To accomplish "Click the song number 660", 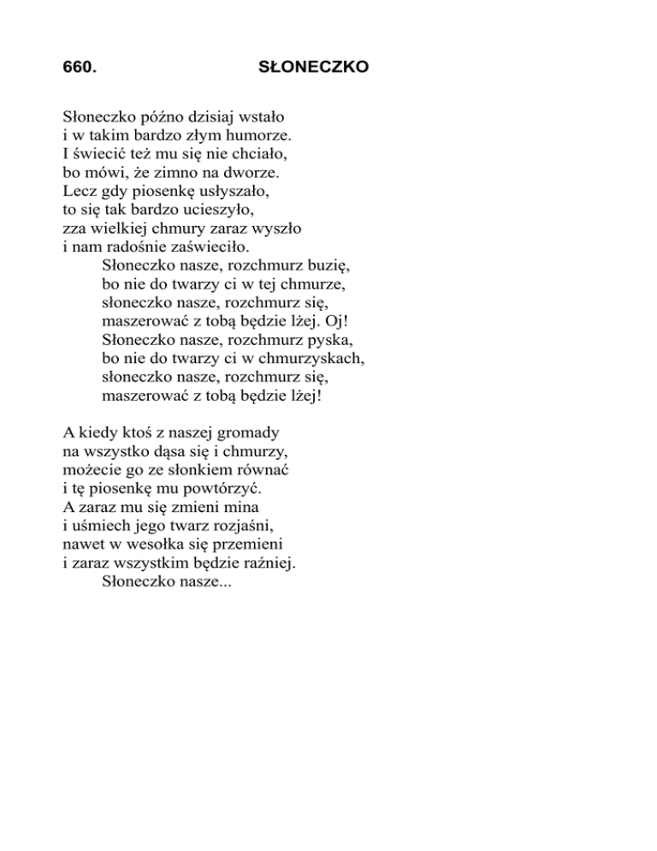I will click(x=80, y=66).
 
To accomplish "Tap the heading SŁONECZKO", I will click(x=313, y=66).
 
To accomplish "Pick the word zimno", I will click(x=174, y=171).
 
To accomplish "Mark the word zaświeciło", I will click(x=206, y=247).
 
